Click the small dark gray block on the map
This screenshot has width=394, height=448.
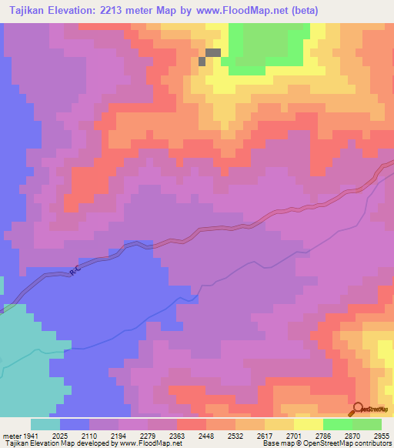[212, 53]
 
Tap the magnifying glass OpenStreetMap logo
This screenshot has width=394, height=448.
[357, 410]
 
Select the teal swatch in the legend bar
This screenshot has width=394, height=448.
[45, 425]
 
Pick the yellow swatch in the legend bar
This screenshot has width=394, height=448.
[308, 425]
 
